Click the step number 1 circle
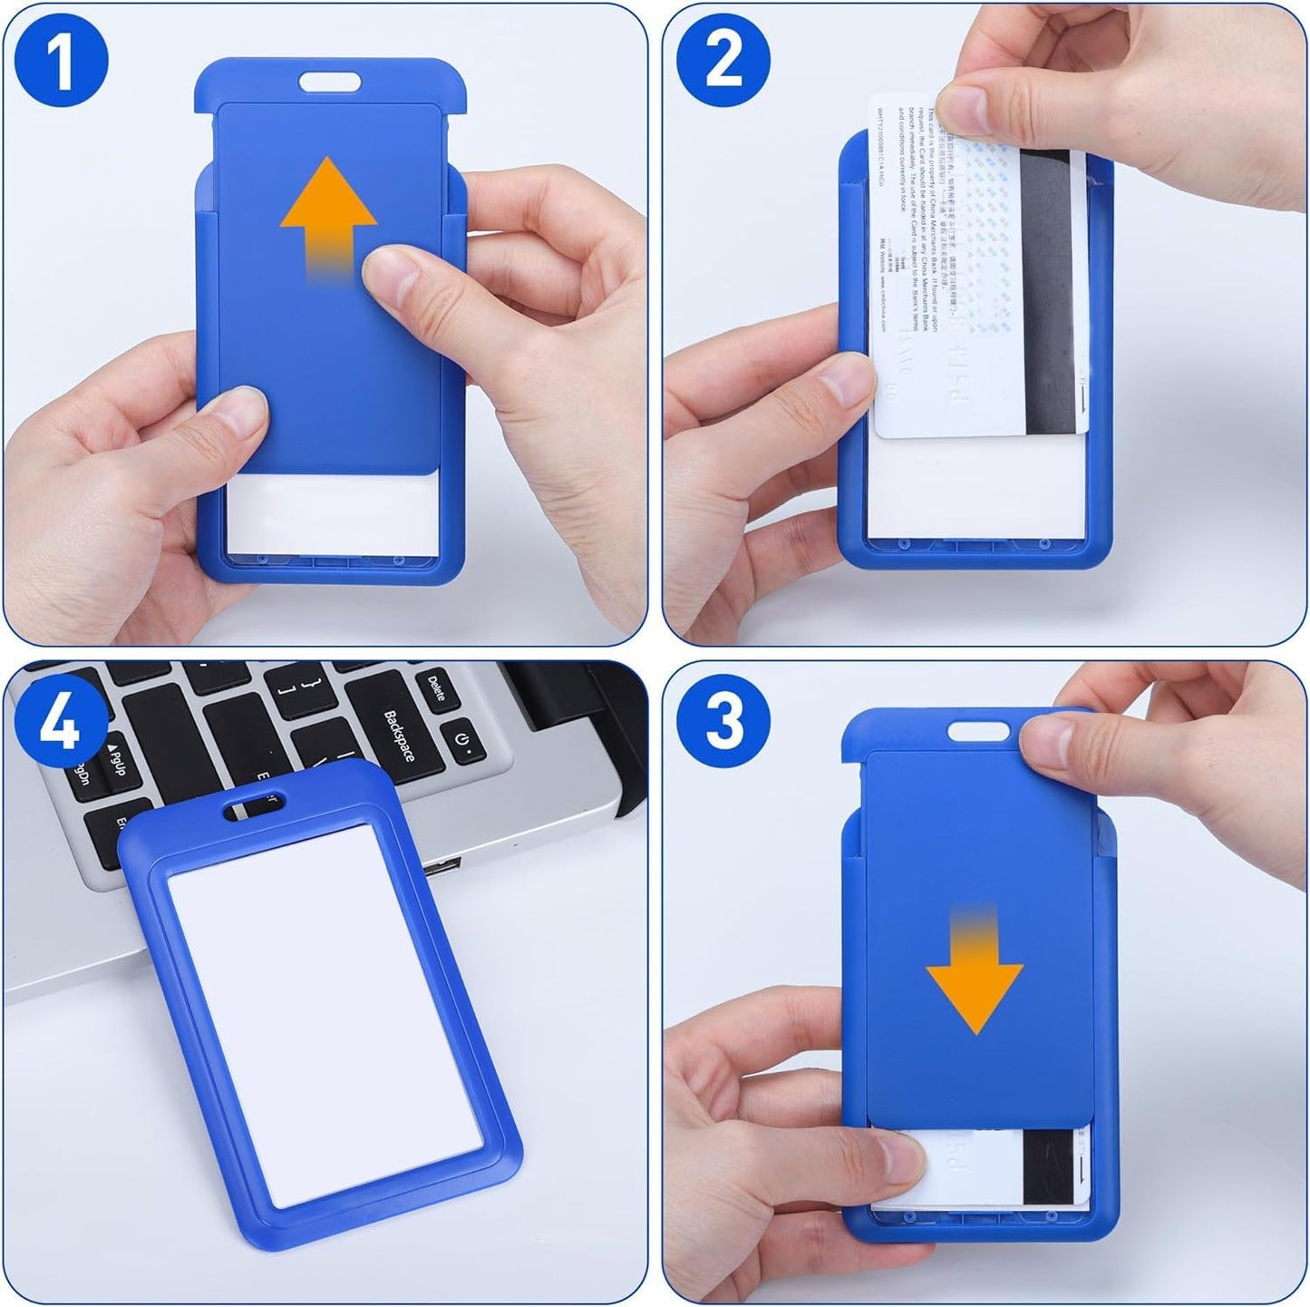click(61, 62)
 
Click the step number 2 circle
click(723, 62)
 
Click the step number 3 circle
click(723, 722)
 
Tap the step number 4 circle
click(61, 722)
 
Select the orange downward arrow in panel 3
click(975, 970)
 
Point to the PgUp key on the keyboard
click(115, 758)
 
